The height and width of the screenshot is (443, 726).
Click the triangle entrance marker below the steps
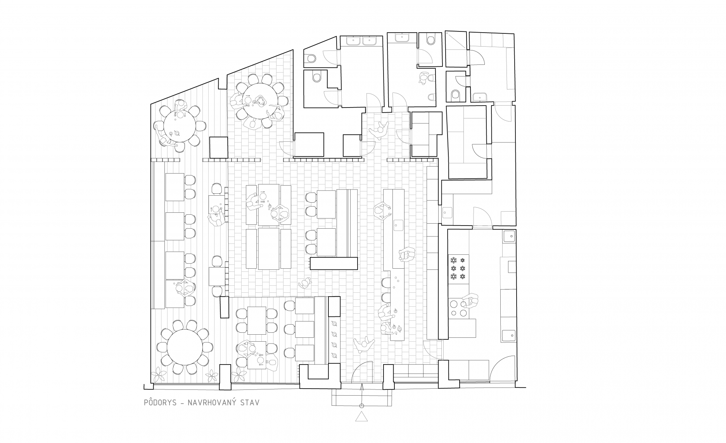(x=361, y=417)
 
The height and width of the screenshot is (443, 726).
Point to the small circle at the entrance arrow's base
(x=361, y=406)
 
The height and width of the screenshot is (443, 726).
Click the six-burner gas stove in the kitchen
(x=458, y=268)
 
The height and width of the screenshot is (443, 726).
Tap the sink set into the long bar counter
(x=398, y=224)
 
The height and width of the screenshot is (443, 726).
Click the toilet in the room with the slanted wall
(x=311, y=58)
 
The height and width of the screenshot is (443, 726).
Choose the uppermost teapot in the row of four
(x=333, y=323)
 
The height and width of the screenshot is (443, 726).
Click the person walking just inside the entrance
(x=363, y=344)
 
